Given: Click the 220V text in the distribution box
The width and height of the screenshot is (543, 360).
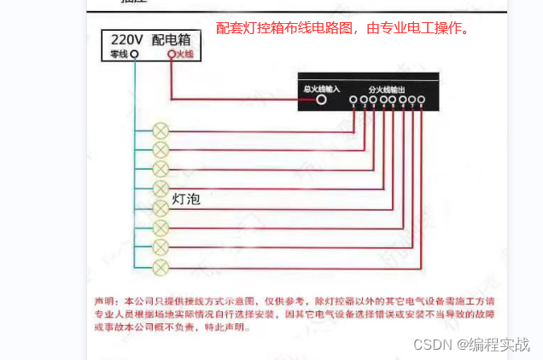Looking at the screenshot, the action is click(x=126, y=38).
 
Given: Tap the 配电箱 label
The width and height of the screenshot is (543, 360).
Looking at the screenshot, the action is click(x=174, y=38).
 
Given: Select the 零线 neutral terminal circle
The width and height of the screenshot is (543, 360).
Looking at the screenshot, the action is click(x=134, y=54).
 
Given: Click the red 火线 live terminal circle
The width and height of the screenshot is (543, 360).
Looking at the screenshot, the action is click(x=171, y=54).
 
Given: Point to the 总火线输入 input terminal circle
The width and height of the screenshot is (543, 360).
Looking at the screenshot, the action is click(x=322, y=99).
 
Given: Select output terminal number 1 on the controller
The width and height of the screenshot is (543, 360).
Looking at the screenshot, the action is click(x=353, y=100).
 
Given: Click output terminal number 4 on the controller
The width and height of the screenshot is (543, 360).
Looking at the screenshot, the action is click(x=383, y=100).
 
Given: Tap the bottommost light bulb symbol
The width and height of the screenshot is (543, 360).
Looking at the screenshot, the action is click(x=160, y=268).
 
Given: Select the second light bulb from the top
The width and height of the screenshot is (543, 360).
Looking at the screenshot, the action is click(x=160, y=149).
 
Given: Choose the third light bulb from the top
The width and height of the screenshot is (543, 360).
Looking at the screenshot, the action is click(x=160, y=169).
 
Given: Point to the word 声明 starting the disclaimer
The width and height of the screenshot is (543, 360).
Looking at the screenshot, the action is click(x=103, y=302).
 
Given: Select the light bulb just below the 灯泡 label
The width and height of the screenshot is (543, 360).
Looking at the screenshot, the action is click(x=160, y=208).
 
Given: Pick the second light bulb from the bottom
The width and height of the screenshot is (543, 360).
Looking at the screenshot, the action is click(x=160, y=247).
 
